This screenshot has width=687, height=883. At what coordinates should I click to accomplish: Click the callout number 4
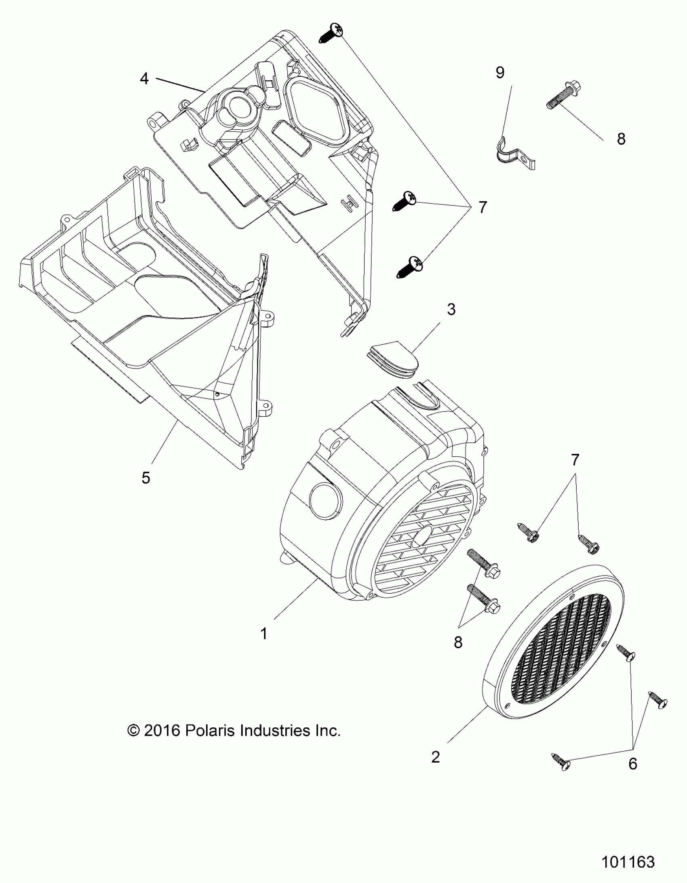tap(144, 78)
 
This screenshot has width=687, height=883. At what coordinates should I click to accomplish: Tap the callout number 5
tap(146, 478)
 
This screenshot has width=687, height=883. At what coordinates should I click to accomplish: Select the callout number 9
tap(500, 73)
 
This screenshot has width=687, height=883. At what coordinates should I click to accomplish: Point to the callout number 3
tap(451, 309)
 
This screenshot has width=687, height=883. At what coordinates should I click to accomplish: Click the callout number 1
tap(263, 634)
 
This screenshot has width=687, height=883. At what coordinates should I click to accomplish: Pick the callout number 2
tap(436, 757)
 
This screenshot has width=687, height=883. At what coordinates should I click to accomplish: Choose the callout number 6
tap(633, 764)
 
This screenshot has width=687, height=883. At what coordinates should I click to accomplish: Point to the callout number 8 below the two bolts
tap(458, 642)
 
